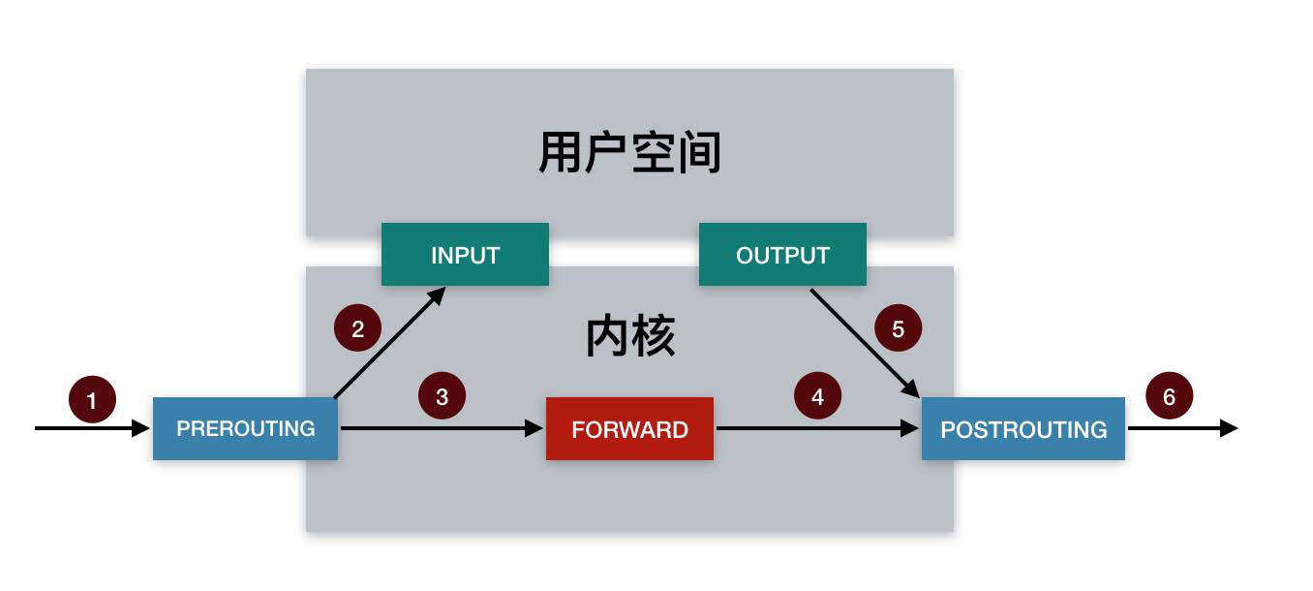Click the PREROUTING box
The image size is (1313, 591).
coord(245,428)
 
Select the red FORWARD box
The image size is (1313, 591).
coord(629,428)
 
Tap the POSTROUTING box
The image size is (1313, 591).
coord(1023,428)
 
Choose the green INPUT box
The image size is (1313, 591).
coord(465,255)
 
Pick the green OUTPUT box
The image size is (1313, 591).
coord(782,255)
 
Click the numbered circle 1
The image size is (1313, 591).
coord(92,399)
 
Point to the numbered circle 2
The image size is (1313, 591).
coord(357,328)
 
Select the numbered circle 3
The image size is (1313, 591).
coord(442,396)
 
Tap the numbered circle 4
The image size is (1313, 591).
coord(817,396)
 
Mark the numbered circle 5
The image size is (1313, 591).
coord(898,328)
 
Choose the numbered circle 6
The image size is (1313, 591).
coord(1169,396)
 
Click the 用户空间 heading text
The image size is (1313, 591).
coord(629,153)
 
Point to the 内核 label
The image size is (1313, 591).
coord(629,337)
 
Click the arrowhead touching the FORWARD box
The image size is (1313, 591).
coord(534,428)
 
